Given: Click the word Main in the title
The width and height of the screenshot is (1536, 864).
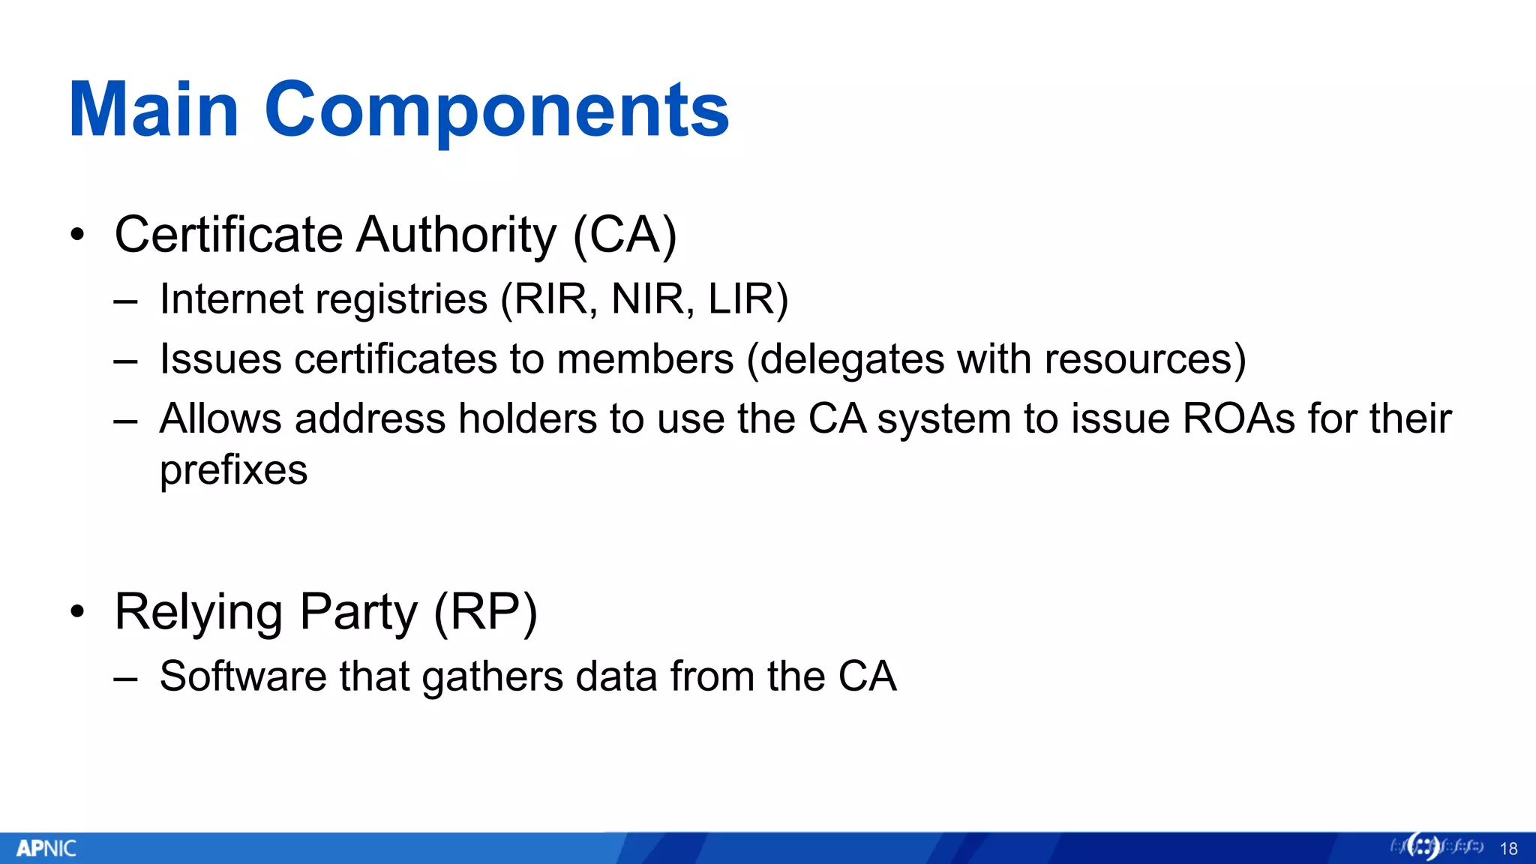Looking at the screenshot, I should tap(154, 110).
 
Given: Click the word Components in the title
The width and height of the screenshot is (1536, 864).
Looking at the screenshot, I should tap(496, 110).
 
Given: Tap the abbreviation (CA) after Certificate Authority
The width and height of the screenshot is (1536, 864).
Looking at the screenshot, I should tap(625, 235).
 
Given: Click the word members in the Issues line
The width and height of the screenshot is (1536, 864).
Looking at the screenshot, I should tap(645, 359).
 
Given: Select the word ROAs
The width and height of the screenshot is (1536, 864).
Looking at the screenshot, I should tap(1238, 418).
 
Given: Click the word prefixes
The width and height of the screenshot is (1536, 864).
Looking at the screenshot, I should tap(233, 471).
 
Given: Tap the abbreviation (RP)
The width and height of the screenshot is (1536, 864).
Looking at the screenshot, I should tap(485, 612).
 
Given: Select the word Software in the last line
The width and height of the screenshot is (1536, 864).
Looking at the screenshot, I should tap(243, 676).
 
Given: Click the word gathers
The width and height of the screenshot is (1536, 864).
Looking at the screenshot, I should tap(492, 676).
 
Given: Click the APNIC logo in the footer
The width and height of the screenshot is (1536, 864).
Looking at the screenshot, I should tap(46, 848).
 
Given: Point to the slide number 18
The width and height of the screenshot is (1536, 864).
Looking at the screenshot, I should tap(1508, 849).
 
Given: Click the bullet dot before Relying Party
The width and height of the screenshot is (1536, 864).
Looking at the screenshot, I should tap(77, 612).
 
